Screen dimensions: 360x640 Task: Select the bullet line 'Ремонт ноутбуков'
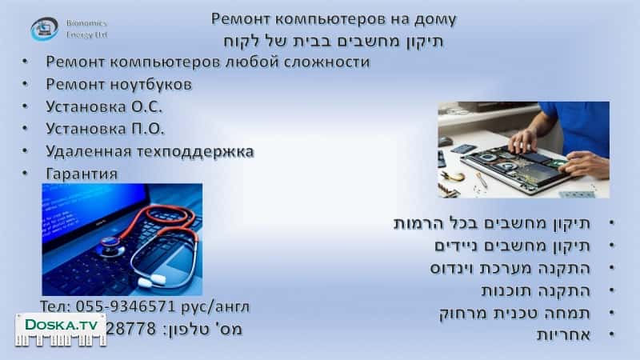tap(119, 83)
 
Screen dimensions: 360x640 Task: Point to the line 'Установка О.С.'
tap(105, 106)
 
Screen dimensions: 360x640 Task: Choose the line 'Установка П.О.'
tap(105, 128)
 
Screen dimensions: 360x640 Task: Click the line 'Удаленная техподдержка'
tap(150, 150)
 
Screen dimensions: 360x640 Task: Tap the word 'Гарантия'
tap(82, 173)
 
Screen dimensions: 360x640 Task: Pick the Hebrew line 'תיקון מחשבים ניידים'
tap(513, 245)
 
